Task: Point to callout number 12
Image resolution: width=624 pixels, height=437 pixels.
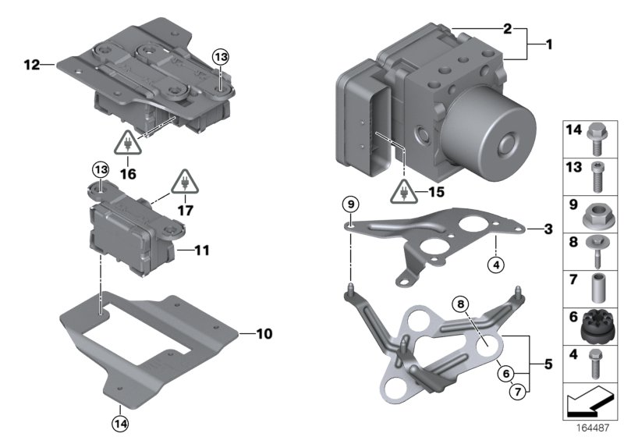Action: point(30,65)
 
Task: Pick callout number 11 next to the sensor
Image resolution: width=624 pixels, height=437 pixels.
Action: point(202,250)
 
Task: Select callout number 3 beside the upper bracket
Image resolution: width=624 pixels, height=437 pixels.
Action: point(548,229)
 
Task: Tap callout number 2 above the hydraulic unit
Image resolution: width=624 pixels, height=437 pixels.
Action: point(508,29)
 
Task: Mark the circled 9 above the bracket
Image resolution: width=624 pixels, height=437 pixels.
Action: point(351,204)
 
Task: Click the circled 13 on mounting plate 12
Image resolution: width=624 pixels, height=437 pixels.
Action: point(222,56)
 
